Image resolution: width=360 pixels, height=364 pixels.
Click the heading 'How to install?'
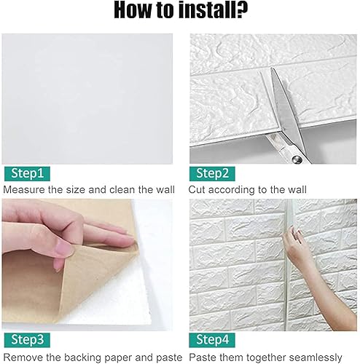[x=180, y=13]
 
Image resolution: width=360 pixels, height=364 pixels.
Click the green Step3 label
[x=26, y=339]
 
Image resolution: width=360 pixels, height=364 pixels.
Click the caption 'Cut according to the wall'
[x=248, y=189]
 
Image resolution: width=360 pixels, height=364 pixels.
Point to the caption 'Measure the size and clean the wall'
[x=89, y=189]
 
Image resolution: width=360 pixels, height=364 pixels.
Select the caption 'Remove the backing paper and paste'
[x=92, y=357]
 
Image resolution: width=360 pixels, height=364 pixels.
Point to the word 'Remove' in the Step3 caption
[x=23, y=357]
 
